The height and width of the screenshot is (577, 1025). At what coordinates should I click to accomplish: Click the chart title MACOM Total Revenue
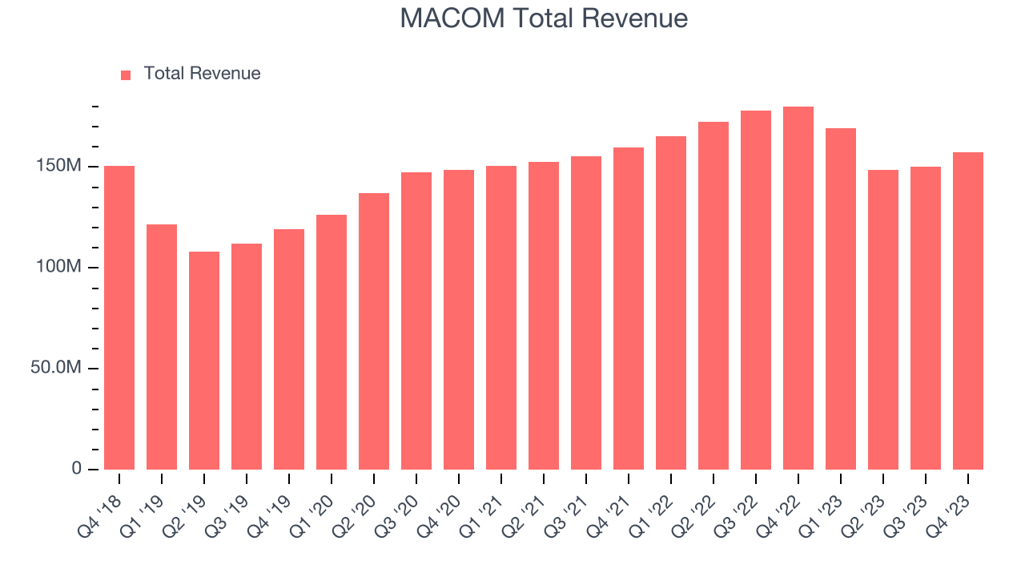tap(544, 18)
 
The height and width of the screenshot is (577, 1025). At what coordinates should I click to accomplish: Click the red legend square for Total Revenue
tap(126, 75)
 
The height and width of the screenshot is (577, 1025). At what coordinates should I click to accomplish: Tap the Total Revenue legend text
tap(202, 74)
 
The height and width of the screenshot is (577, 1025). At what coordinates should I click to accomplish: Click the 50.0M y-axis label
tap(58, 368)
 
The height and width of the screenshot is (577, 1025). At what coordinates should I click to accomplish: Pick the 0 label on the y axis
tap(76, 468)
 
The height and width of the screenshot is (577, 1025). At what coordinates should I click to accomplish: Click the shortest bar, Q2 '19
tap(204, 361)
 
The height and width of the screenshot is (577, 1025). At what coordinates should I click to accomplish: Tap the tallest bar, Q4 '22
tap(798, 288)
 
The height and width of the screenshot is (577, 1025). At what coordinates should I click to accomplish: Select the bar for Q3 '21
tap(586, 313)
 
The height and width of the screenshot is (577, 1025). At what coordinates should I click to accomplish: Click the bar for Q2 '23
tap(883, 320)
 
